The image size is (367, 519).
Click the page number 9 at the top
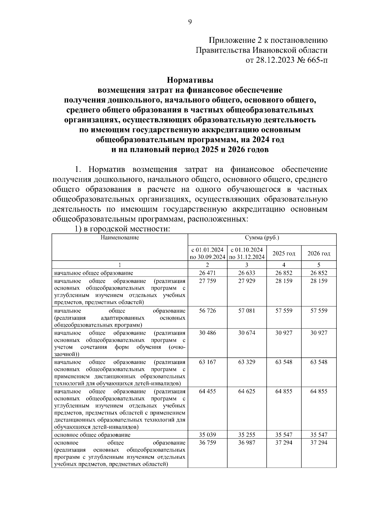tap(190, 22)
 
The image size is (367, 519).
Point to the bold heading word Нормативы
tap(190, 80)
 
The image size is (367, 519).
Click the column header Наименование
tap(120, 238)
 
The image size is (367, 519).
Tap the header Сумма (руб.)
tap(262, 238)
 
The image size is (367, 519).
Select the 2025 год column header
tap(284, 254)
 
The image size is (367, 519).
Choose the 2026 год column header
tap(319, 254)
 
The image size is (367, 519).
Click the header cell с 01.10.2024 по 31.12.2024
tap(247, 254)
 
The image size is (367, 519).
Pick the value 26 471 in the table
tap(207, 273)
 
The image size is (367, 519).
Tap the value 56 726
tap(207, 311)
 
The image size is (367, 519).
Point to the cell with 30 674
tap(247, 333)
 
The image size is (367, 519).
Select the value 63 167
tap(207, 362)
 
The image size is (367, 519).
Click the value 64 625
tap(247, 391)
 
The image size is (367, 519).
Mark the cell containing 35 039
tap(207, 435)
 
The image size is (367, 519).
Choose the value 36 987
tap(247, 443)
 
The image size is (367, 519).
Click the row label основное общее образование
tap(92, 435)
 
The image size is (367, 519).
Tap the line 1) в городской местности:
tap(122, 229)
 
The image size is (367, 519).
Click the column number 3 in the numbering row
tap(247, 265)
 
